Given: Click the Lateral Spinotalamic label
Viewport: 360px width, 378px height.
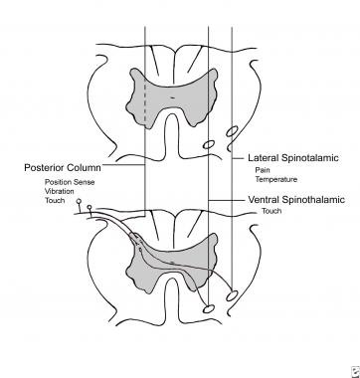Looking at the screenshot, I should tap(288, 157).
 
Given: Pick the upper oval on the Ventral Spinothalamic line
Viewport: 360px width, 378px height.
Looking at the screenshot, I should tap(209, 146).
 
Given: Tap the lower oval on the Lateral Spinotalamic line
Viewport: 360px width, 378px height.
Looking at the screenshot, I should tap(234, 295).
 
